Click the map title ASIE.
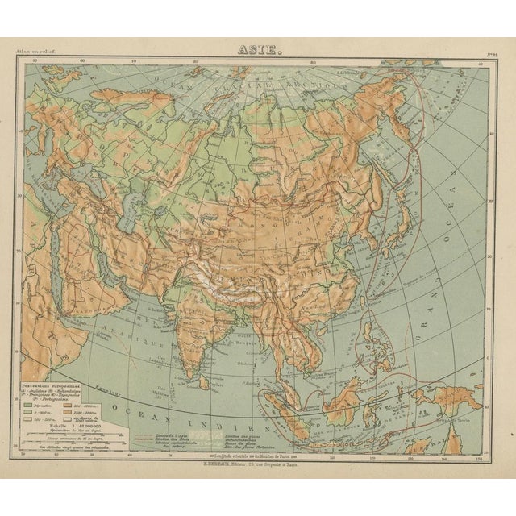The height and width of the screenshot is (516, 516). tap(258, 48)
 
